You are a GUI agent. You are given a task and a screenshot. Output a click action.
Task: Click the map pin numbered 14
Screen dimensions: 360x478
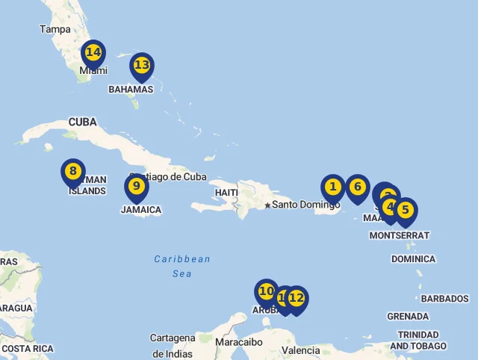(x=93, y=53)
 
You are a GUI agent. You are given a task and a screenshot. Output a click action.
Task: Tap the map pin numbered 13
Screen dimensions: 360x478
(x=142, y=66)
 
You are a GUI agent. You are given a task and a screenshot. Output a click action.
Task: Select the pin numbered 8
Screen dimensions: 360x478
(x=72, y=172)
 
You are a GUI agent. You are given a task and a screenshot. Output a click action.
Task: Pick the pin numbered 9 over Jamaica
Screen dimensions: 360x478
(x=136, y=187)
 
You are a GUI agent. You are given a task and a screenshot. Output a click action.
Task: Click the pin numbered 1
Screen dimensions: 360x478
(x=333, y=187)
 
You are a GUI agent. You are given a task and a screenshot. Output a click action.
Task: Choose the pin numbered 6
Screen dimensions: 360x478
(x=358, y=187)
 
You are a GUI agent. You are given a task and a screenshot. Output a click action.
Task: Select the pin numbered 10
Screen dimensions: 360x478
(x=267, y=291)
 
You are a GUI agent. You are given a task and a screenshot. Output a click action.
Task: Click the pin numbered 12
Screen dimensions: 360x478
(x=297, y=299)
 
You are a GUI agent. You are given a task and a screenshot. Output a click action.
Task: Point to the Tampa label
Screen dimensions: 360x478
(x=55, y=29)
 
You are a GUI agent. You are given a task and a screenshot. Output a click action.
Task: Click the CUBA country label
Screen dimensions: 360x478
(x=83, y=122)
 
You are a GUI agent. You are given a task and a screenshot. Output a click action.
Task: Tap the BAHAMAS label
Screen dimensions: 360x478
(x=131, y=89)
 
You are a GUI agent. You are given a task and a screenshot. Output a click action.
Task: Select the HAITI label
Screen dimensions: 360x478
(x=226, y=192)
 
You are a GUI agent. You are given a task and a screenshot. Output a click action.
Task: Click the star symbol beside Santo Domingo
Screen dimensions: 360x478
(x=267, y=205)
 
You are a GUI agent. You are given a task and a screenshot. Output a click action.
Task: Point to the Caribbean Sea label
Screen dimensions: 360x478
(x=182, y=267)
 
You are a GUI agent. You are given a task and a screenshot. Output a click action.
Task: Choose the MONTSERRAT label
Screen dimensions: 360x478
(x=400, y=235)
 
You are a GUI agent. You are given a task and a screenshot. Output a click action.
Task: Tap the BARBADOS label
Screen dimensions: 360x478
(x=444, y=299)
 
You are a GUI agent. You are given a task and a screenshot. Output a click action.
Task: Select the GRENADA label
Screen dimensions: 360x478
(x=408, y=317)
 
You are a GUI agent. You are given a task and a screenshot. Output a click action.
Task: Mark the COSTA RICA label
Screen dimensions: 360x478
(x=27, y=349)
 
